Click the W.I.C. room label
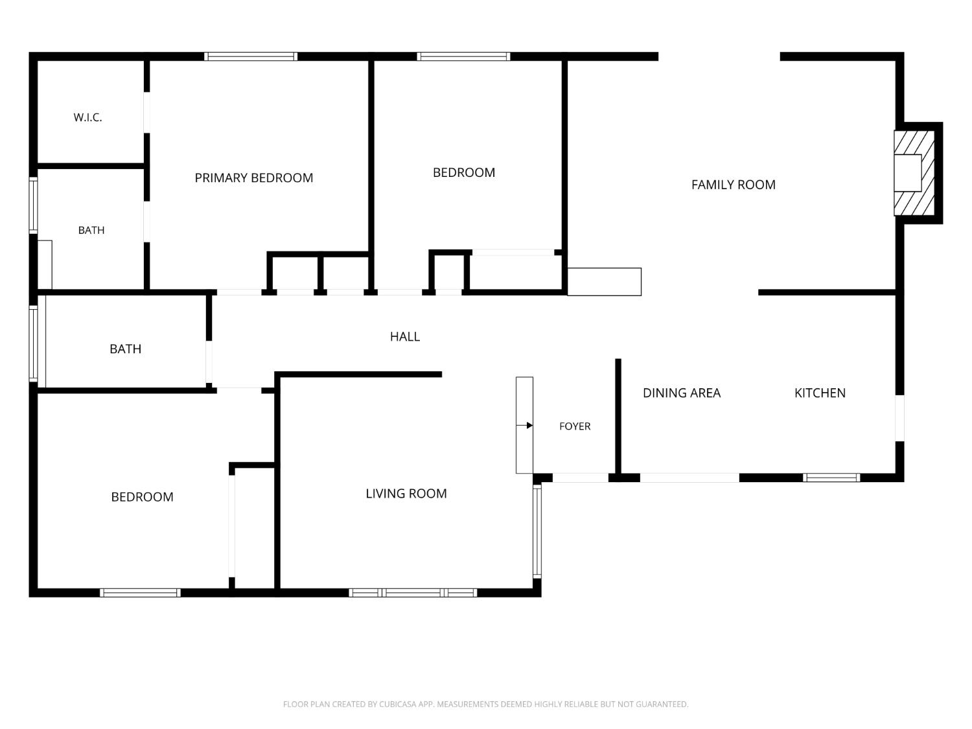(87, 117)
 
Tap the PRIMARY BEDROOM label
(254, 178)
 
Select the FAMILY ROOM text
(734, 185)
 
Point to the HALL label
(405, 337)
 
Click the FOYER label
(575, 426)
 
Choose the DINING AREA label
(682, 393)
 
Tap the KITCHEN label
(820, 393)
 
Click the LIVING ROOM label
(406, 494)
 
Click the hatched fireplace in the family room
(914, 173)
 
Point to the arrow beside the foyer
(524, 425)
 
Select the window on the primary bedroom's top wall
(251, 56)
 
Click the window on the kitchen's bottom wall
(831, 478)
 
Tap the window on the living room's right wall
(537, 531)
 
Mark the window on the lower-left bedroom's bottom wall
(140, 593)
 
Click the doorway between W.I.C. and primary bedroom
(146, 112)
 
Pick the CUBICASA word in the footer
(395, 704)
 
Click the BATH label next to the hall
(125, 349)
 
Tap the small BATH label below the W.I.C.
(91, 230)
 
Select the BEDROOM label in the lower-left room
(142, 497)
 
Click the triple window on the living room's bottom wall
(413, 593)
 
